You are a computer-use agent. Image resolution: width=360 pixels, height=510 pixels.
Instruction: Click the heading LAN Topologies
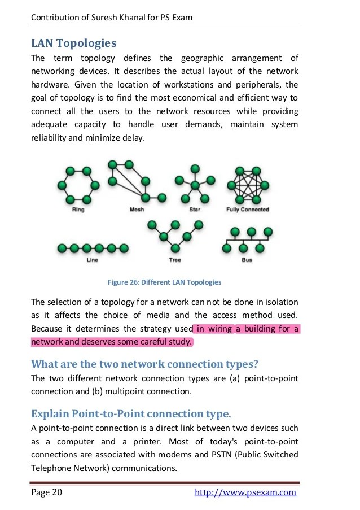[74, 43]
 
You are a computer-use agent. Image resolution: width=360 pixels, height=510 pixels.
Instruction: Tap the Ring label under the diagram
[79, 210]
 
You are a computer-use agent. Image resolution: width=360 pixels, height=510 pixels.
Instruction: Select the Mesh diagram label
[137, 210]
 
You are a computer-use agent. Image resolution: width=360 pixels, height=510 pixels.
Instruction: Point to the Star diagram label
[195, 210]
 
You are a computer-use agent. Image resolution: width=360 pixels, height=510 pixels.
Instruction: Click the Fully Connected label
[248, 210]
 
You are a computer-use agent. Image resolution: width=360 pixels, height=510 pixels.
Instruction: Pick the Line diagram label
[93, 260]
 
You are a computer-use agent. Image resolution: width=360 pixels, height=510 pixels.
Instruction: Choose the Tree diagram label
[175, 260]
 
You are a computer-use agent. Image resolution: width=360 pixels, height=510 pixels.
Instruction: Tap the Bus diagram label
[247, 260]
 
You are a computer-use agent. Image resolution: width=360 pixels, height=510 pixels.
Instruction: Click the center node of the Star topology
[195, 185]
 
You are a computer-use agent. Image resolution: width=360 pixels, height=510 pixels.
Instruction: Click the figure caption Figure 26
[164, 282]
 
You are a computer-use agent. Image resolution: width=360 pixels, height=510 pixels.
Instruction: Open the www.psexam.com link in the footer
[245, 492]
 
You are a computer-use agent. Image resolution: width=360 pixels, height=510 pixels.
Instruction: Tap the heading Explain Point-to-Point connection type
[131, 414]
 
